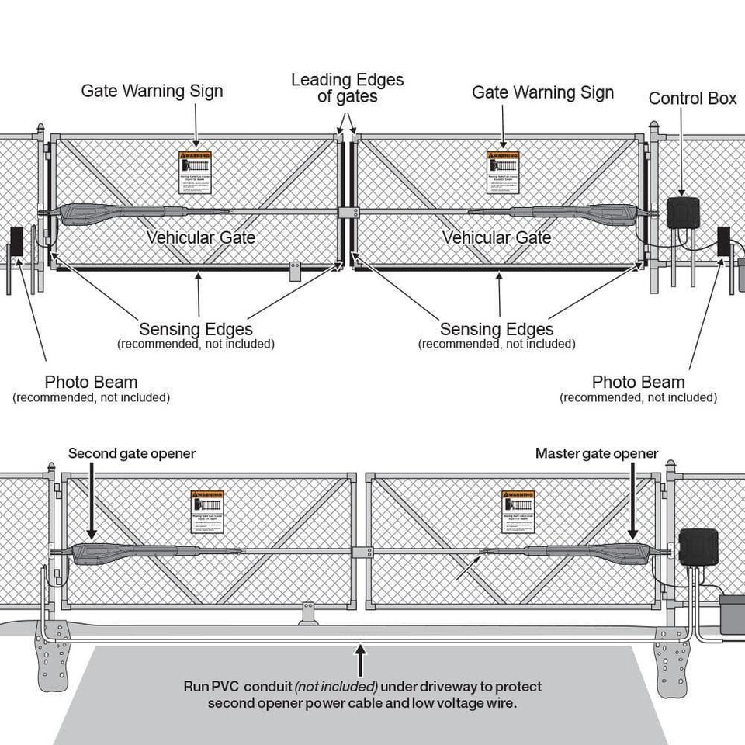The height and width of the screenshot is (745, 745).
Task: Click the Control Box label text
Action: click(x=692, y=99)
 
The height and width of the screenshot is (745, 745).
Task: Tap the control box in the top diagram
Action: click(x=683, y=213)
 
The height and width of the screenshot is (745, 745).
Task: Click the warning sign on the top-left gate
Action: click(x=195, y=172)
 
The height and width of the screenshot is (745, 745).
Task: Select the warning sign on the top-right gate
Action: click(x=503, y=172)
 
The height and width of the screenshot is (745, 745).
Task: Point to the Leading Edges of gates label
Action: click(x=347, y=88)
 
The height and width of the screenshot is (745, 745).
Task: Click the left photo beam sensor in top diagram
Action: click(x=16, y=242)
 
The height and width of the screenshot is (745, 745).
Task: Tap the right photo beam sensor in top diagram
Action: click(x=724, y=242)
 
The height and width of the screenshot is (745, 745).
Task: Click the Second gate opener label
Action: click(x=131, y=453)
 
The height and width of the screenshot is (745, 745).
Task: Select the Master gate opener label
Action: click(x=596, y=453)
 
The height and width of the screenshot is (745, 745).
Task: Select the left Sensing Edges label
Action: click(x=196, y=329)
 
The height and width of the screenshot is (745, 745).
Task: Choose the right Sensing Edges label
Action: click(x=497, y=329)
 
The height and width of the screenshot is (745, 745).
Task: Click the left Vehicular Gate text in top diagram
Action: click(x=201, y=237)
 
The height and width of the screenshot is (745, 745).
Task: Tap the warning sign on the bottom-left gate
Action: click(x=207, y=511)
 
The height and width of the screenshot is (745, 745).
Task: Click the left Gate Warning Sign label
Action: click(x=152, y=91)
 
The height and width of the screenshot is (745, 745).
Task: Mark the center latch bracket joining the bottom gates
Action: click(x=361, y=552)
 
